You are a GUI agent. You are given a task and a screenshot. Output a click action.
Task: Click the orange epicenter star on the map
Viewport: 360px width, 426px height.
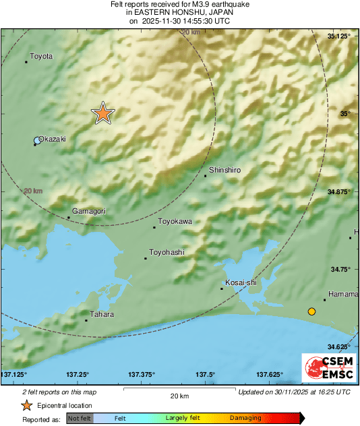pos(102,114)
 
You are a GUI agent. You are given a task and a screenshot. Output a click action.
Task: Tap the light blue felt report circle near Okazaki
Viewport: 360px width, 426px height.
pos(38,141)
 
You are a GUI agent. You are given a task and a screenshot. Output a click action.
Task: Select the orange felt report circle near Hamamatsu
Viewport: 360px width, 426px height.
pos(311,311)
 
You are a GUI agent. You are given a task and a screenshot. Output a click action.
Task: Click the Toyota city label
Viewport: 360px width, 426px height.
pos(41,57)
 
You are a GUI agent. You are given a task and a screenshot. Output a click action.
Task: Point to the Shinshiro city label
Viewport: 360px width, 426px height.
pos(224,171)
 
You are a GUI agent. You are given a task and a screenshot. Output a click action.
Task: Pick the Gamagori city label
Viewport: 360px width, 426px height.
pos(89,211)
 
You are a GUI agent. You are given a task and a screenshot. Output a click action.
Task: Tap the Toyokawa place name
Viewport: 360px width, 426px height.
pos(175,221)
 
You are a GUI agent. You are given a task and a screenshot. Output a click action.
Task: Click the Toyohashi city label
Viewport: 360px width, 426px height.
pos(167,253)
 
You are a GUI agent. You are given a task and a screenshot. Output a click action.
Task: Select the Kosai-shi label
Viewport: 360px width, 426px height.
pos(241,282)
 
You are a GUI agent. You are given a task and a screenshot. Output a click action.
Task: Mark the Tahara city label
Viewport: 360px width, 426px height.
pos(102,314)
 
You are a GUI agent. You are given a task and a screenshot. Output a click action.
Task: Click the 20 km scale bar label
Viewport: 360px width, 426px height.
pos(179,395)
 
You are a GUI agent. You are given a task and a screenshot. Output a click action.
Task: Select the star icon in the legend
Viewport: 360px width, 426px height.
pos(26,405)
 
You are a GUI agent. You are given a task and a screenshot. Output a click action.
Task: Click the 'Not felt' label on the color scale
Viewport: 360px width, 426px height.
pos(79,419)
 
